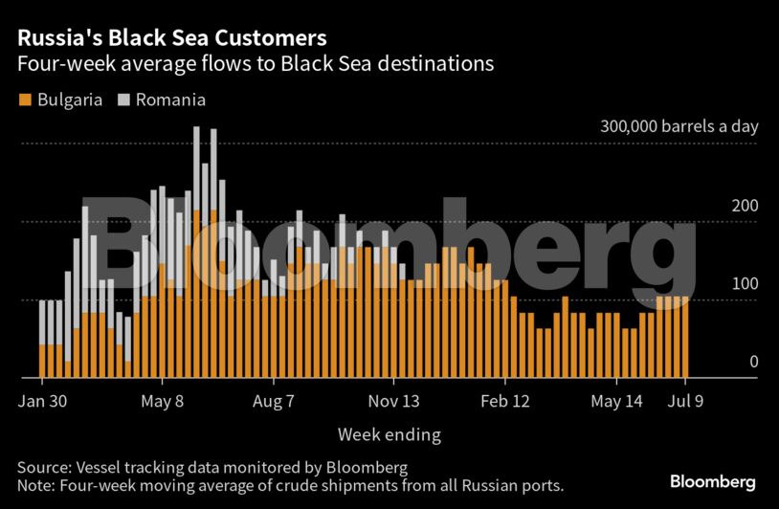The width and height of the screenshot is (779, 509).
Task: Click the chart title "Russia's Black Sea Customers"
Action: pyautogui.click(x=171, y=38)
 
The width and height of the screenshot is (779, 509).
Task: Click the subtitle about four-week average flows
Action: pyautogui.click(x=255, y=65)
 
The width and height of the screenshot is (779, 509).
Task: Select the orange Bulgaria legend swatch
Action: pyautogui.click(x=24, y=100)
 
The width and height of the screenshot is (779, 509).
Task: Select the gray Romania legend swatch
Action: pyautogui.click(x=122, y=100)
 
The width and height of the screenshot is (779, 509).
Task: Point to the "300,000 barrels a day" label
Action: pyautogui.click(x=679, y=126)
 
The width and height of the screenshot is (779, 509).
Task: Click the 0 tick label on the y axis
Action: pyautogui.click(x=726, y=362)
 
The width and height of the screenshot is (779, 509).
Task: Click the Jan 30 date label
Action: pyautogui.click(x=43, y=401)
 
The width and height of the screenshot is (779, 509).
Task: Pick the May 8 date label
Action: pyautogui.click(x=162, y=401)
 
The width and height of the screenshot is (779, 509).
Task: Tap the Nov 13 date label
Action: pyautogui.click(x=394, y=401)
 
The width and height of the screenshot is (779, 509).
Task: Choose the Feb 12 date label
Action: pyautogui.click(x=504, y=401)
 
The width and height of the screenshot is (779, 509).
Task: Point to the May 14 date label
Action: pyautogui.click(x=618, y=401)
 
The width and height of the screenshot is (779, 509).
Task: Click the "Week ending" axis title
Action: pyautogui.click(x=389, y=435)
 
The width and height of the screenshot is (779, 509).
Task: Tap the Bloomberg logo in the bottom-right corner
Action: pyautogui.click(x=713, y=481)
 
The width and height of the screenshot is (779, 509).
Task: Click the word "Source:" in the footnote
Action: pyautogui.click(x=45, y=467)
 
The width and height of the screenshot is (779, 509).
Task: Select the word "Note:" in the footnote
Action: pyautogui.click(x=37, y=485)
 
